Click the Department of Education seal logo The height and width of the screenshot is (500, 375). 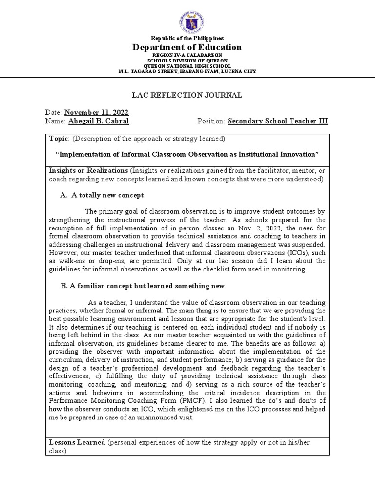[188, 21]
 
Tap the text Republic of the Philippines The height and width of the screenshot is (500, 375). [187, 38]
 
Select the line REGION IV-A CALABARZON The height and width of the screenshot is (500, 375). [187, 56]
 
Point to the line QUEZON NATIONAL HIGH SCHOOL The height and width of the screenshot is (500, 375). [187, 66]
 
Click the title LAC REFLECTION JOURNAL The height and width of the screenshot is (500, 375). [187, 95]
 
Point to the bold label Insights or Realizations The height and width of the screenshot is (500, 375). [88, 171]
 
